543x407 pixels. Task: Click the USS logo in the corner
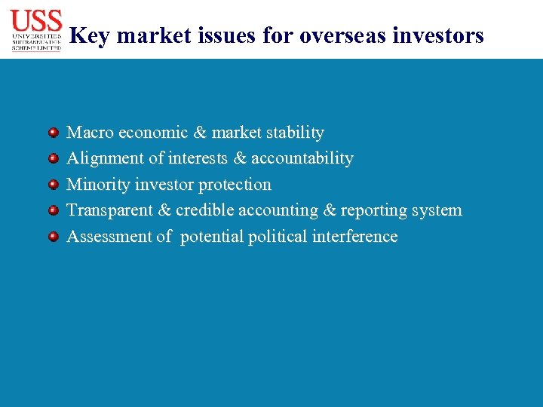coord(36,30)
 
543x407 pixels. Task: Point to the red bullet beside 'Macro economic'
coord(54,133)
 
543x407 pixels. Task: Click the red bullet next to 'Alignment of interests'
coord(54,158)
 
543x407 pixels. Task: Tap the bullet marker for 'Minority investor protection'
coord(54,185)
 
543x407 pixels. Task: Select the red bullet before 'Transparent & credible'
coord(54,210)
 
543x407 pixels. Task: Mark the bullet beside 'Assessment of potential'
coord(54,237)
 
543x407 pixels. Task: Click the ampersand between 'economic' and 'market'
coord(200,133)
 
